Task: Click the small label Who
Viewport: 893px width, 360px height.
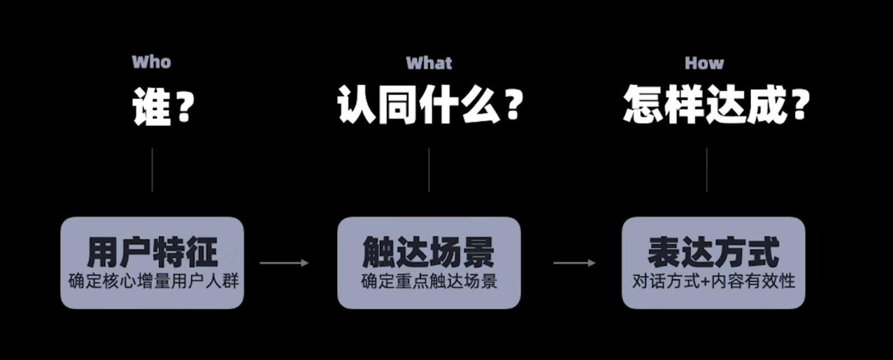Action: (x=151, y=62)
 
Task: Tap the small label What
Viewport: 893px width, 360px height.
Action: (x=429, y=63)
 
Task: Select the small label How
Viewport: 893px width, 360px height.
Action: (x=704, y=63)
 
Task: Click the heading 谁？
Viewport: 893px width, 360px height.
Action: (x=161, y=106)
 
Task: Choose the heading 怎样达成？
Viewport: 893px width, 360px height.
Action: (x=716, y=106)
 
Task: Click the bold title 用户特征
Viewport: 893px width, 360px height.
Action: (x=153, y=252)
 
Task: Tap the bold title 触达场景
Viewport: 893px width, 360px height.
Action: (x=429, y=252)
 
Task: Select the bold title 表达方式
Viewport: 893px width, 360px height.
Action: (x=714, y=252)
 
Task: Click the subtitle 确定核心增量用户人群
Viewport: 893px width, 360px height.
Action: (x=152, y=281)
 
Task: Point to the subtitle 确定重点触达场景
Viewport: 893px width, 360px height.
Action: (x=429, y=281)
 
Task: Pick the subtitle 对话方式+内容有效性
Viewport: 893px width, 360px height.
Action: (x=714, y=281)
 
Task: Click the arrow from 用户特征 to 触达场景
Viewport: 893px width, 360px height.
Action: (x=284, y=263)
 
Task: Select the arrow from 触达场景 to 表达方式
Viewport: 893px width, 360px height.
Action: (x=574, y=263)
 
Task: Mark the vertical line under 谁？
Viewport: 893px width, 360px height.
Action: (x=152, y=170)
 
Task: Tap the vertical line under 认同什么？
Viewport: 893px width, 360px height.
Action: (x=429, y=170)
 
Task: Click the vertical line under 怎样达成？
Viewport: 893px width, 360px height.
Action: (x=707, y=170)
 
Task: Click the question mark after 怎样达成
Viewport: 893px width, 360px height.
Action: (x=800, y=106)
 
